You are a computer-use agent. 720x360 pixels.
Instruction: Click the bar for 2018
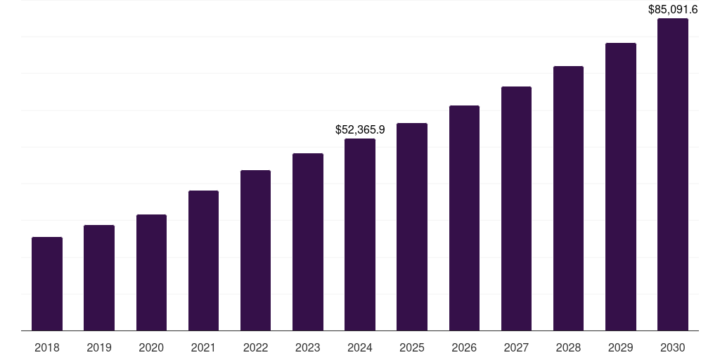(47, 283)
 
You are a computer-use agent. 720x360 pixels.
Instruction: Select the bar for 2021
(203, 260)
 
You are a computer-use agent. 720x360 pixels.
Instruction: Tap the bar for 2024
(360, 234)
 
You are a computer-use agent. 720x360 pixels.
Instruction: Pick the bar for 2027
(516, 208)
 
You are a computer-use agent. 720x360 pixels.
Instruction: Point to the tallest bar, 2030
(673, 174)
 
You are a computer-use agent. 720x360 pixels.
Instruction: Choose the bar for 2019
(99, 278)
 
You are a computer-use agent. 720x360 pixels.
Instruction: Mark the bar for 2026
(464, 218)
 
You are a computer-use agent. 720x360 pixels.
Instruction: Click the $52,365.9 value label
(360, 130)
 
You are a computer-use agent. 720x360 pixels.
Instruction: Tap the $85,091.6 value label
(673, 10)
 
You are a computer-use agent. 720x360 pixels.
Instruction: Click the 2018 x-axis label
(47, 347)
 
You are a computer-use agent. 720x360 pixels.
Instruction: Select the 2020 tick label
(151, 347)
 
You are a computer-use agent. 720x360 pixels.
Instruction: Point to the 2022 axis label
(256, 347)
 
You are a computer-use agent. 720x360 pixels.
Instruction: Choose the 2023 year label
(308, 347)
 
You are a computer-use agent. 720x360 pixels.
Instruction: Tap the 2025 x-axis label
(412, 347)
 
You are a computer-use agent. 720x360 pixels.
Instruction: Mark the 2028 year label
(568, 347)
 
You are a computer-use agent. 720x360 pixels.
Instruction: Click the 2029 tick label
(620, 347)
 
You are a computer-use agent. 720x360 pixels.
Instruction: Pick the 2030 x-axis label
(673, 347)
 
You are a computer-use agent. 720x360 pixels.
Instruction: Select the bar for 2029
(620, 186)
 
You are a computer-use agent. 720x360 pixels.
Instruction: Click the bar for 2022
(256, 250)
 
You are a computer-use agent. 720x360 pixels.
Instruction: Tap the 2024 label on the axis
(360, 347)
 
